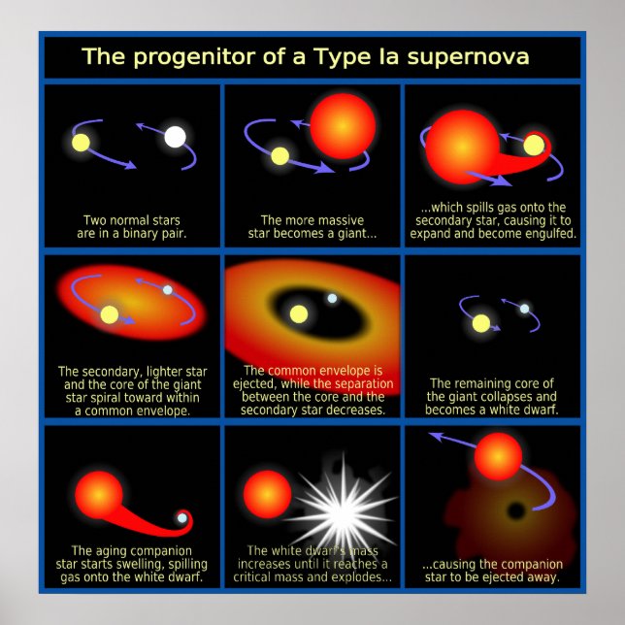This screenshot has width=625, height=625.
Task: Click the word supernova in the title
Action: [468, 57]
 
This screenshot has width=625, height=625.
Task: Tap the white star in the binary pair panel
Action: [175, 137]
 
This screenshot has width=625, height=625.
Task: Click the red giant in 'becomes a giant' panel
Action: [343, 125]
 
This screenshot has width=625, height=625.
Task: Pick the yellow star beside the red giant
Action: [280, 155]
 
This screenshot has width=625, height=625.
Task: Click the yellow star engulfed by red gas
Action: [535, 146]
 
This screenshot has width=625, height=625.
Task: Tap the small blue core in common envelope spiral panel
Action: [167, 289]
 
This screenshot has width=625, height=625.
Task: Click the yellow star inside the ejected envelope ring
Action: [299, 313]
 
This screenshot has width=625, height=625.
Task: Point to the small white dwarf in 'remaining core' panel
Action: [524, 309]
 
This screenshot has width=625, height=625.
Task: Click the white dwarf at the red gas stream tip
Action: [181, 518]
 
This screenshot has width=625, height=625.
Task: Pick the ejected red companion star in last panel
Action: [499, 455]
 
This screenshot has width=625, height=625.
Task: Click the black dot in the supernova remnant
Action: [517, 510]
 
